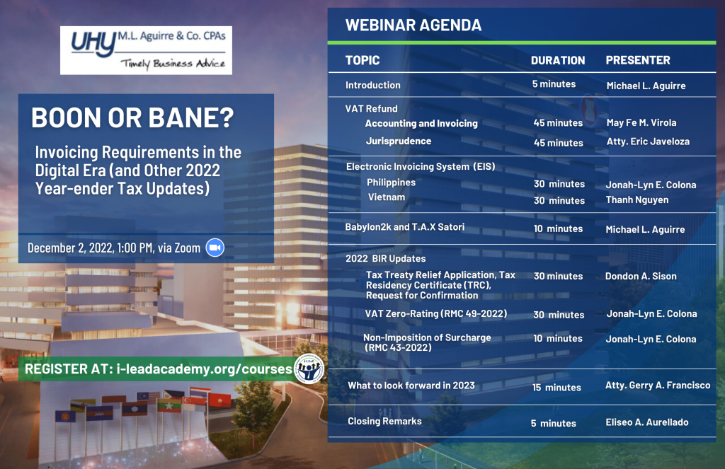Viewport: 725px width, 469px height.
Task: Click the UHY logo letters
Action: pos(93,45)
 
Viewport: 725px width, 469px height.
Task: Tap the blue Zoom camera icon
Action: pos(215,248)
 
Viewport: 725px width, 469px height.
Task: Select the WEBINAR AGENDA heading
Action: pos(413,25)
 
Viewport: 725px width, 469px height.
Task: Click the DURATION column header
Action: pos(558,60)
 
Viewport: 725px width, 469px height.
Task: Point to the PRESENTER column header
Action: pos(638,60)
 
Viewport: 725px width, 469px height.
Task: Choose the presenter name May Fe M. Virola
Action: pos(641,122)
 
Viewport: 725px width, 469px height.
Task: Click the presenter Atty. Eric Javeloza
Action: pos(648,141)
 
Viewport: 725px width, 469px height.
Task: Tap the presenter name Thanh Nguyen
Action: pos(637,199)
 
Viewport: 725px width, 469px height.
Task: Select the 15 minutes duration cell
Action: pos(556,387)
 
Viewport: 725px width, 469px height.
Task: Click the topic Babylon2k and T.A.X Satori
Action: pos(404,227)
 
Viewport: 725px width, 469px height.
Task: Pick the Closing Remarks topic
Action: pos(384,421)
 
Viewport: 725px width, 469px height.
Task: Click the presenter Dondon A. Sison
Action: pos(641,276)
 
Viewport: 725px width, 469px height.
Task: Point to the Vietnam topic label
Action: pos(387,197)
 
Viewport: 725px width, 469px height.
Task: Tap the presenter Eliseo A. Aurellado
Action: pos(647,422)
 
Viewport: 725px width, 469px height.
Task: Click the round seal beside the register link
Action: pos(309,369)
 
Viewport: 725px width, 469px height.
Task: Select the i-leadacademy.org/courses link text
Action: pos(205,369)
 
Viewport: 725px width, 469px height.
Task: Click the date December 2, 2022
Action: pos(70,248)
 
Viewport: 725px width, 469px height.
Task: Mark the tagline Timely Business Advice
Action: pos(173,64)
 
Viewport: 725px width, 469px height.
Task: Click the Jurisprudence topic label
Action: pos(399,141)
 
